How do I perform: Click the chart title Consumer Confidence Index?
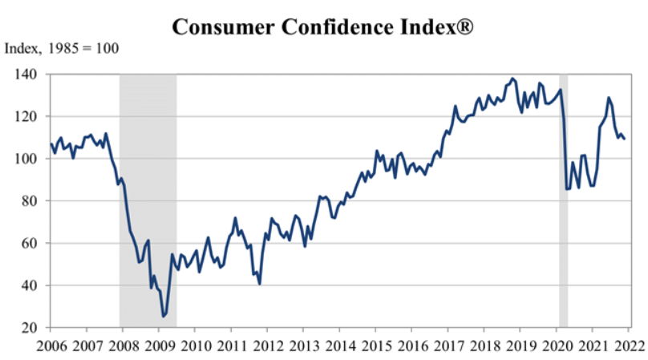[x=317, y=27]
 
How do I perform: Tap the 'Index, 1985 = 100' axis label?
[x=62, y=48]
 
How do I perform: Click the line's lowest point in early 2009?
[x=164, y=317]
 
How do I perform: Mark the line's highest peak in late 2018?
[x=512, y=79]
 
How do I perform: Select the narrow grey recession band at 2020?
[x=563, y=200]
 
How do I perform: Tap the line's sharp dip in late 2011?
[x=259, y=284]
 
